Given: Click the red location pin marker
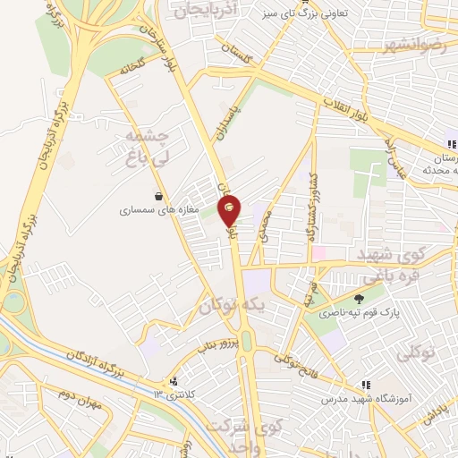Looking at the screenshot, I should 230,208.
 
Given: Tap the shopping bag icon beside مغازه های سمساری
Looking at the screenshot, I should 158,196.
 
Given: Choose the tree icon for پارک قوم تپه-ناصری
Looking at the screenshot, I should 360,300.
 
